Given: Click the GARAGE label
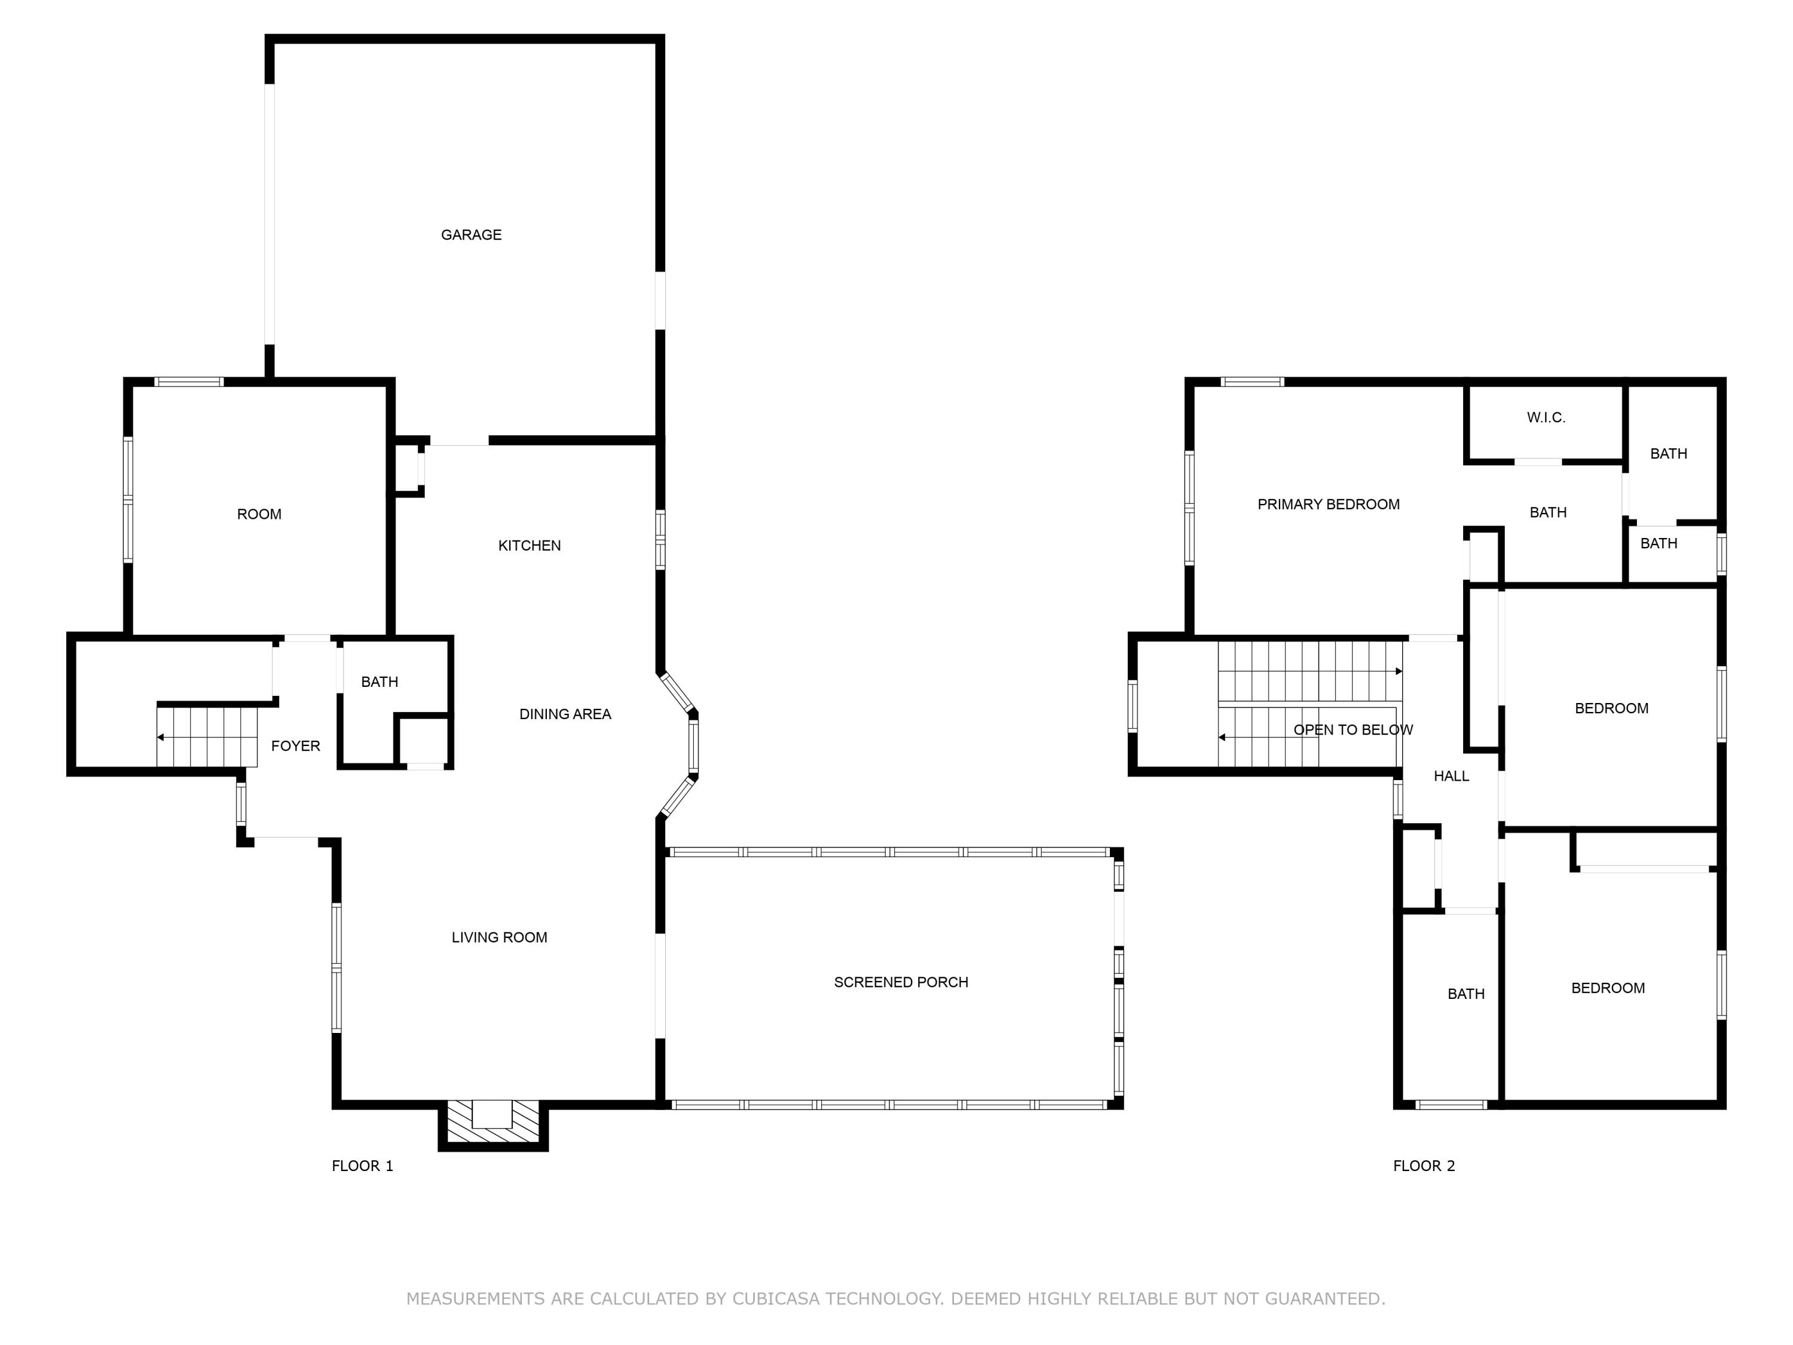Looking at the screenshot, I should (471, 235).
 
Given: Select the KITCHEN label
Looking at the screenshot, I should (530, 546).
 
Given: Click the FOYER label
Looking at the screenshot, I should (295, 746).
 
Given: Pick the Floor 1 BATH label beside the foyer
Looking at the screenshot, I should (380, 682).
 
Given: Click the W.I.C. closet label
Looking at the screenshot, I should (1546, 417).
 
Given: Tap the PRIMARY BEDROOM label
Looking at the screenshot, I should (1328, 505).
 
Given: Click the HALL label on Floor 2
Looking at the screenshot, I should (1451, 776).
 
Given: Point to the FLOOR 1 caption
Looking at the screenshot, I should (362, 1166).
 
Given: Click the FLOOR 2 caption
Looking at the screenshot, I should (1424, 1166).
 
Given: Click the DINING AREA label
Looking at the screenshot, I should (565, 714).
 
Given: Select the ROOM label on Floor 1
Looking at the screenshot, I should (259, 514).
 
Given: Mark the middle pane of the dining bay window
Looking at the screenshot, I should (693, 746).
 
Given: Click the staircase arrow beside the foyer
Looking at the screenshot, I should (161, 738).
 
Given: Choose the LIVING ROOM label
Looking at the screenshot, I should (499, 937).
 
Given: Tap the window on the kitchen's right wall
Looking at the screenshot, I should (660, 539).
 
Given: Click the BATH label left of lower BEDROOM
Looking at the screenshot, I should (1465, 994).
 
